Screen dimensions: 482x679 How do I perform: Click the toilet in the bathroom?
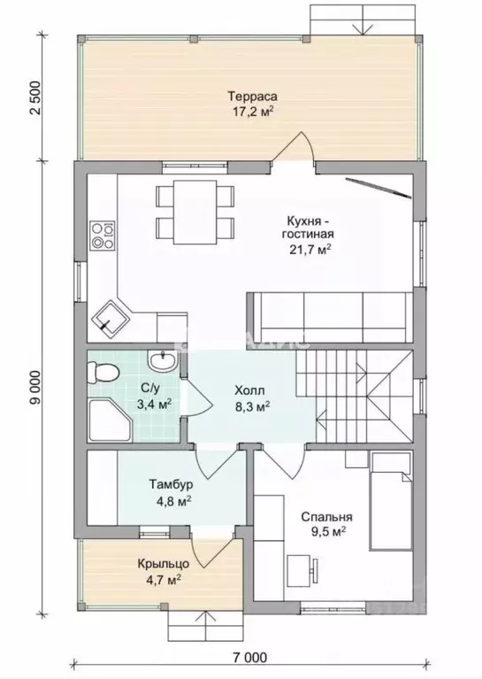click(x=103, y=373)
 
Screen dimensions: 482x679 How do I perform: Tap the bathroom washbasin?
click(x=162, y=360)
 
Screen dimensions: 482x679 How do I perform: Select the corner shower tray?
click(x=110, y=420)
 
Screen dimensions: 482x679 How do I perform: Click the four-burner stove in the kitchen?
click(x=103, y=235)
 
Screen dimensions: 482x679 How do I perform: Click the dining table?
click(x=195, y=212)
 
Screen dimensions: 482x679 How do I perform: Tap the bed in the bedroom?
click(x=391, y=501)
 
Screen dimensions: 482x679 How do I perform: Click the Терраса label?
click(x=253, y=96)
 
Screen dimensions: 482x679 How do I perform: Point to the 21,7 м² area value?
click(x=310, y=250)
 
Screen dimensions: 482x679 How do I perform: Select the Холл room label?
click(x=249, y=391)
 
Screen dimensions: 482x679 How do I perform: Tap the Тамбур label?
click(x=172, y=483)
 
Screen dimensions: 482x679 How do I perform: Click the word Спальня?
click(x=326, y=517)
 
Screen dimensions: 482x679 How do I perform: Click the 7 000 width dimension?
click(x=249, y=658)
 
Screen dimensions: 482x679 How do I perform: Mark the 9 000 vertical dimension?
click(x=36, y=388)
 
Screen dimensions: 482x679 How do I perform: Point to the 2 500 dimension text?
click(x=36, y=97)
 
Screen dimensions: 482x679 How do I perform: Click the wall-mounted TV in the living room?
click(x=378, y=188)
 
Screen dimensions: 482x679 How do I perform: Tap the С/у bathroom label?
click(x=150, y=389)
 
